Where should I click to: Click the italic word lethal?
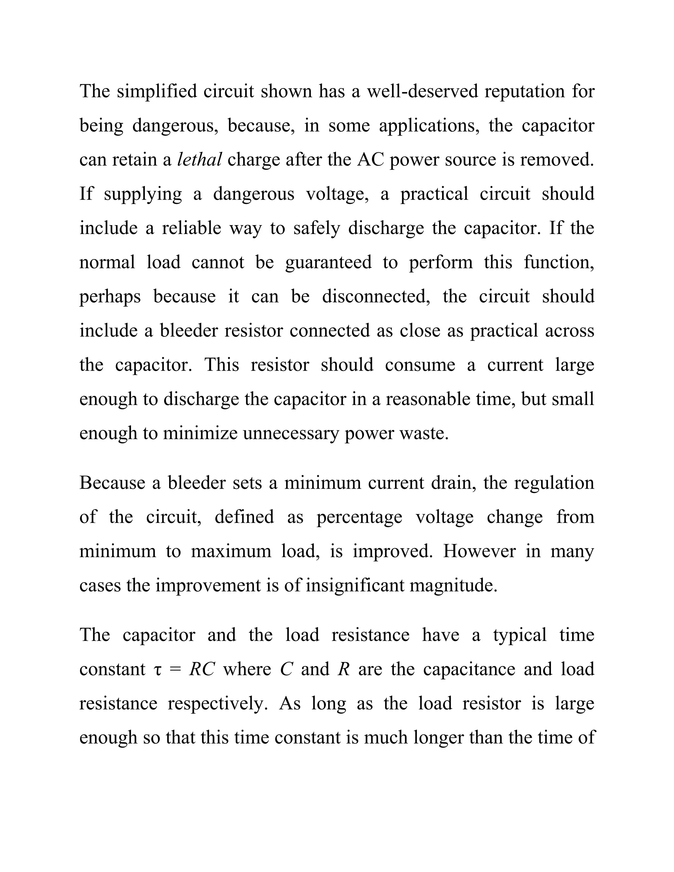(199, 160)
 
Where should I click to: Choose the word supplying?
(143, 194)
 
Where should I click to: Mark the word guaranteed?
(328, 263)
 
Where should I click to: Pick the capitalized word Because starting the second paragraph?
(113, 483)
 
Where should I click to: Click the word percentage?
(359, 517)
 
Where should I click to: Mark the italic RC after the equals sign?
(202, 670)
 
